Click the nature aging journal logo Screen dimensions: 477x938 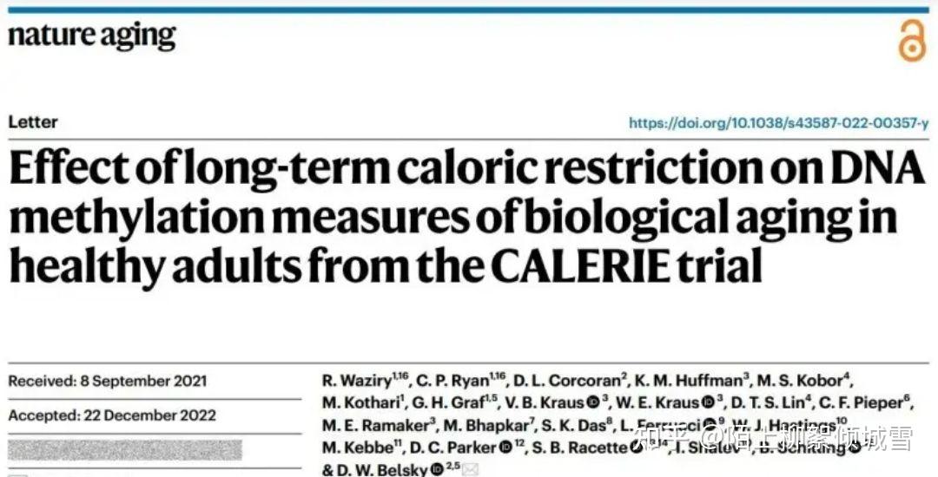(x=92, y=36)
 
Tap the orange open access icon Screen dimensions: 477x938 (x=911, y=41)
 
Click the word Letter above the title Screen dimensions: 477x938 (x=33, y=122)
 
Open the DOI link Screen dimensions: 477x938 (x=778, y=123)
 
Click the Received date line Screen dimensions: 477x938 (x=108, y=381)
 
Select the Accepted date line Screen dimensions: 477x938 (x=112, y=415)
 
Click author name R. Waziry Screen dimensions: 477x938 (x=352, y=381)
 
